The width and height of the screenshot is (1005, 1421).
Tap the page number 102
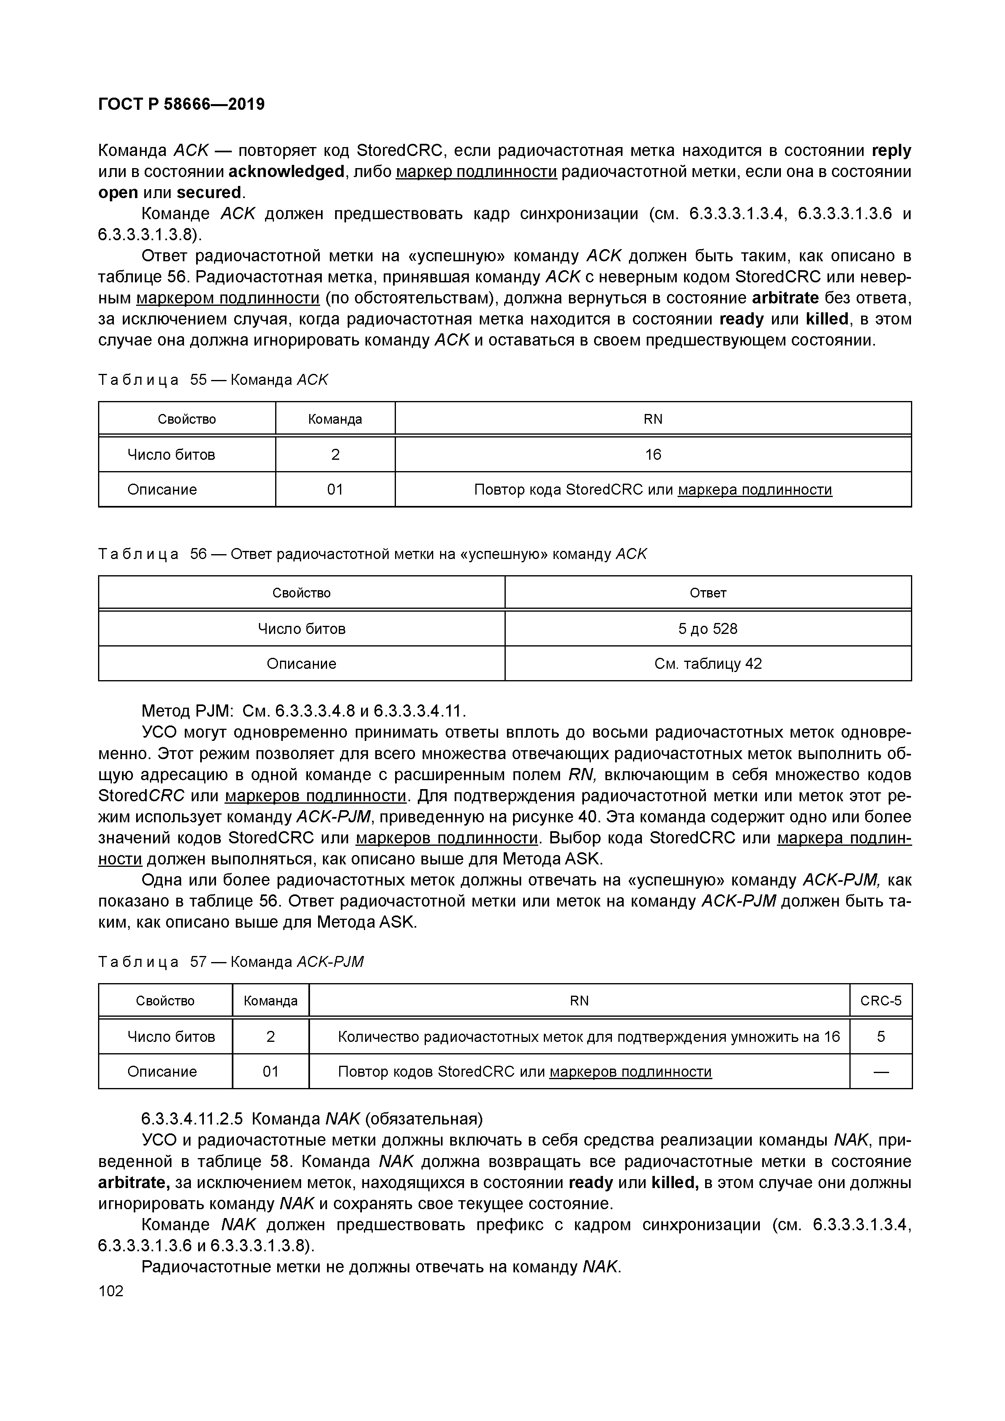tap(111, 1291)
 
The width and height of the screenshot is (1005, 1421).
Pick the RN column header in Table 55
tap(653, 419)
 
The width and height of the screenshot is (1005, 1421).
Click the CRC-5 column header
tap(881, 1001)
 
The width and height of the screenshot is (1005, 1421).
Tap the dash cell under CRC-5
tap(881, 1071)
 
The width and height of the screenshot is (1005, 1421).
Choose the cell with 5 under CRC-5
tap(881, 1036)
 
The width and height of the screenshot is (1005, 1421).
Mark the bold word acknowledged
tap(286, 171)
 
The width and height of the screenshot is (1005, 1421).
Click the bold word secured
tap(209, 192)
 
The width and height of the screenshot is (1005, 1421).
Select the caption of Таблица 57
tap(230, 962)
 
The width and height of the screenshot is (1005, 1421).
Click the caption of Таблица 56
tap(372, 554)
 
